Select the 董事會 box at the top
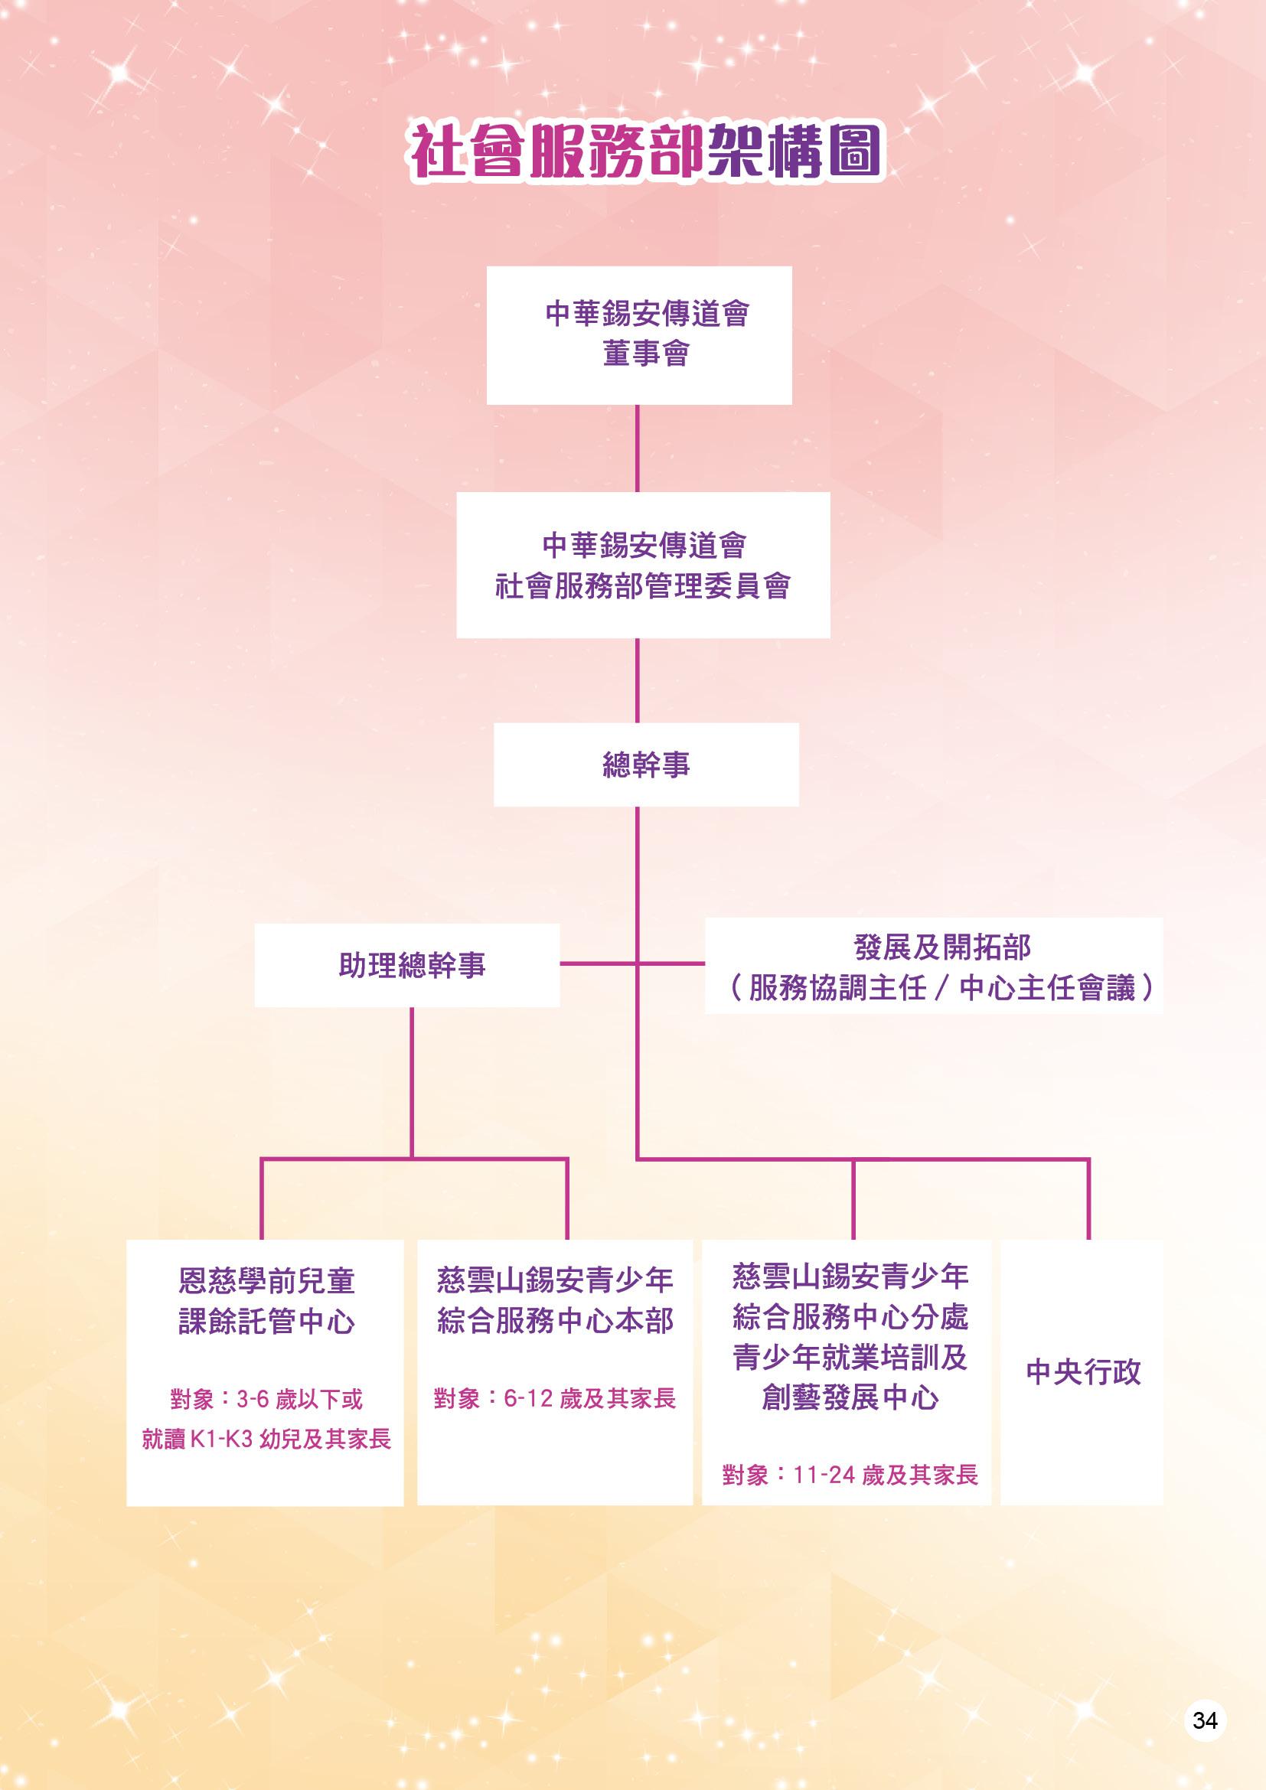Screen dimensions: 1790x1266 coord(638,335)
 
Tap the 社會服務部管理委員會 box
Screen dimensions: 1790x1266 coord(642,565)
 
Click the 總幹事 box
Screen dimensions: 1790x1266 coord(645,765)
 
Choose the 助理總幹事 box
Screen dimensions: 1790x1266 coord(407,965)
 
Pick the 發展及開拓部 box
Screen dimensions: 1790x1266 coord(933,966)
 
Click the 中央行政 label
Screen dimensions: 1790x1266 coord(1083,1371)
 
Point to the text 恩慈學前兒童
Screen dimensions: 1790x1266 coord(266,1281)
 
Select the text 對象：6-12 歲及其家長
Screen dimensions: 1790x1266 coord(554,1399)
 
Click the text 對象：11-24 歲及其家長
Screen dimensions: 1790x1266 coord(850,1475)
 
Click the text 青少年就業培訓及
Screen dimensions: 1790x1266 coord(850,1358)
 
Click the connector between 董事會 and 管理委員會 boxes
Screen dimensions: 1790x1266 coord(637,448)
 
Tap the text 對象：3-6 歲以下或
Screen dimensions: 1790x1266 coord(266,1400)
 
